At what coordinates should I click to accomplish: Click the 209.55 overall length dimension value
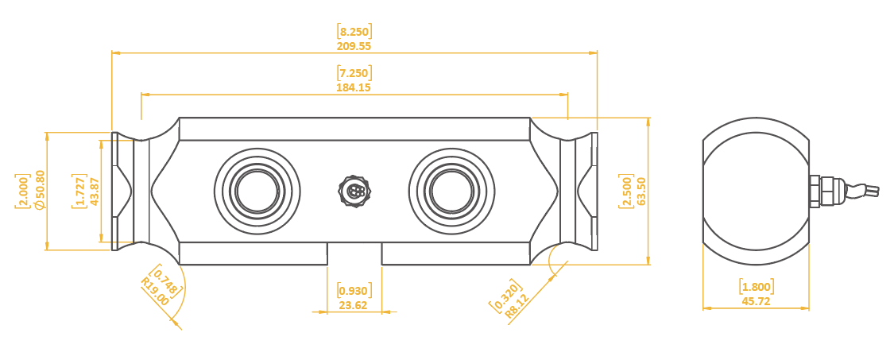click(354, 46)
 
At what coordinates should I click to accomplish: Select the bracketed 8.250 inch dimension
click(354, 32)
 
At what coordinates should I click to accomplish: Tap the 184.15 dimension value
click(354, 87)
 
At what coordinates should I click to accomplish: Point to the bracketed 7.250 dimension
click(354, 73)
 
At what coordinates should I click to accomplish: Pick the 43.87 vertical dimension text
click(95, 191)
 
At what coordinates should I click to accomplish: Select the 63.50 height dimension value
click(641, 192)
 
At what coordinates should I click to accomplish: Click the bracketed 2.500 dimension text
click(626, 192)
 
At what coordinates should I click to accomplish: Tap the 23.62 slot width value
click(354, 304)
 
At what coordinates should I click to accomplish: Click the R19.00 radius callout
click(154, 292)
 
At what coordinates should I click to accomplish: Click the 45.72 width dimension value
click(756, 301)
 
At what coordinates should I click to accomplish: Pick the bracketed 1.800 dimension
click(757, 287)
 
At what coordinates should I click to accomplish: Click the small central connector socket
click(354, 192)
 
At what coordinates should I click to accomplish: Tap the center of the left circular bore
click(257, 192)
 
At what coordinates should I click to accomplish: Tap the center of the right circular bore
click(451, 192)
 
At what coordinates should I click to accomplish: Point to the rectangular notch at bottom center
click(354, 253)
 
